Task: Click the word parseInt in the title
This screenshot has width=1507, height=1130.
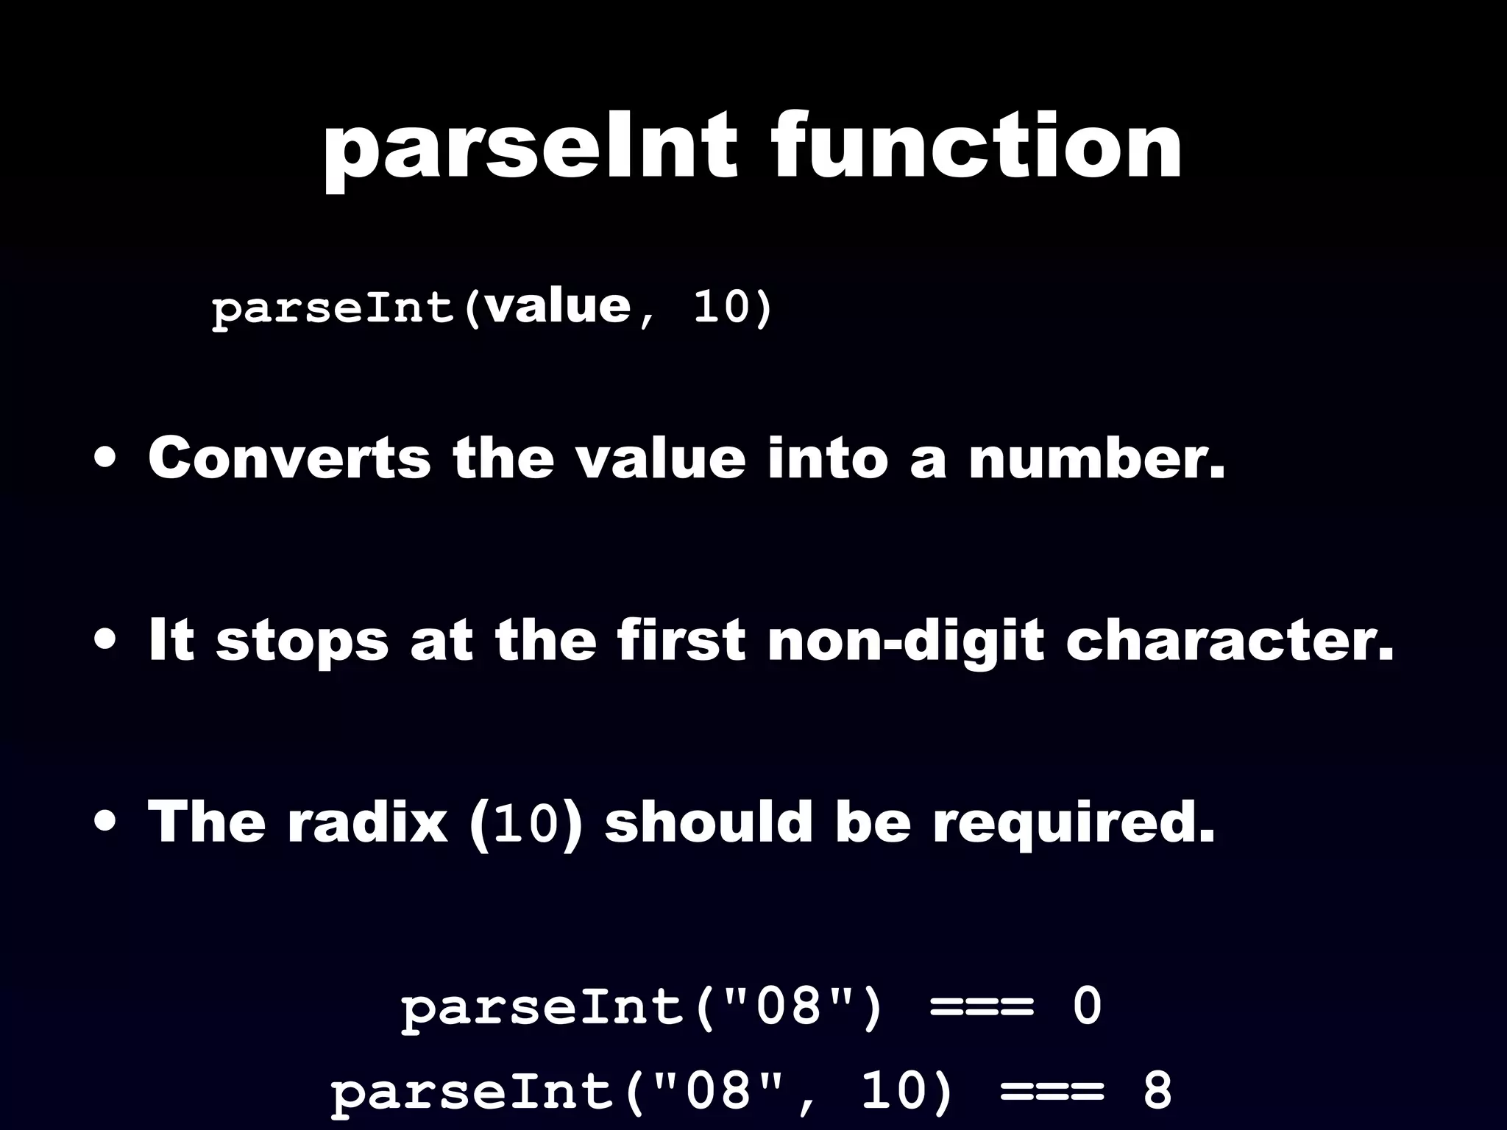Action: tap(530, 147)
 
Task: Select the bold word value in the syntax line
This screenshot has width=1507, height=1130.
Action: tap(559, 307)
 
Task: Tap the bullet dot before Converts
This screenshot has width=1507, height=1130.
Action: tap(104, 460)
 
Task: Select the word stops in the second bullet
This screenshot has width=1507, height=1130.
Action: tap(302, 640)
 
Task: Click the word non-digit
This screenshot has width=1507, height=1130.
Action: tap(905, 640)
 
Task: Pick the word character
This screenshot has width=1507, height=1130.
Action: tap(1230, 640)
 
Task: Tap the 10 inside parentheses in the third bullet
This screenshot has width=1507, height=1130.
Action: tap(527, 824)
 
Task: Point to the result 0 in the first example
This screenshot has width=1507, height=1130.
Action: tap(1087, 1006)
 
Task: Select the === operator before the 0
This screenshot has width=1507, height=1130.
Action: tap(982, 1006)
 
